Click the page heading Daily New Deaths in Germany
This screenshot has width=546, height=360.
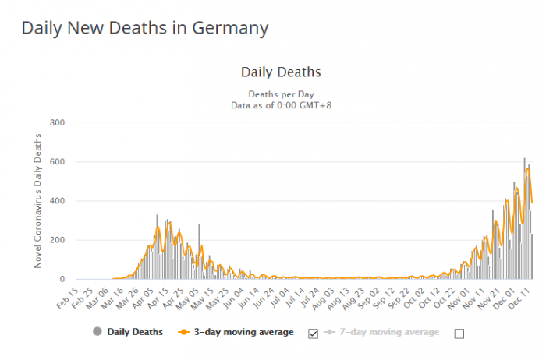coord(145,28)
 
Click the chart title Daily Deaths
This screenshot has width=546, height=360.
coord(281,72)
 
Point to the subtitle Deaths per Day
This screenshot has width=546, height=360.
coord(281,93)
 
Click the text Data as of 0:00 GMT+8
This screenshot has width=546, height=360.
coord(281,104)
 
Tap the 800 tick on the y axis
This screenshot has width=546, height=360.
coord(57,123)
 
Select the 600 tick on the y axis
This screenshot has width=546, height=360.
coord(57,162)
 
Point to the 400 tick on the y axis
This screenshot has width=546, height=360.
coord(57,201)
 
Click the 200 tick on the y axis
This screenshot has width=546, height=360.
coord(57,240)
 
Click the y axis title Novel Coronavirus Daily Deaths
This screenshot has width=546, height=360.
coord(37,201)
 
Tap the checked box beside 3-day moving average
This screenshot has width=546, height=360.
coord(314,333)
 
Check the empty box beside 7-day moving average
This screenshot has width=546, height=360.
coord(459,333)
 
